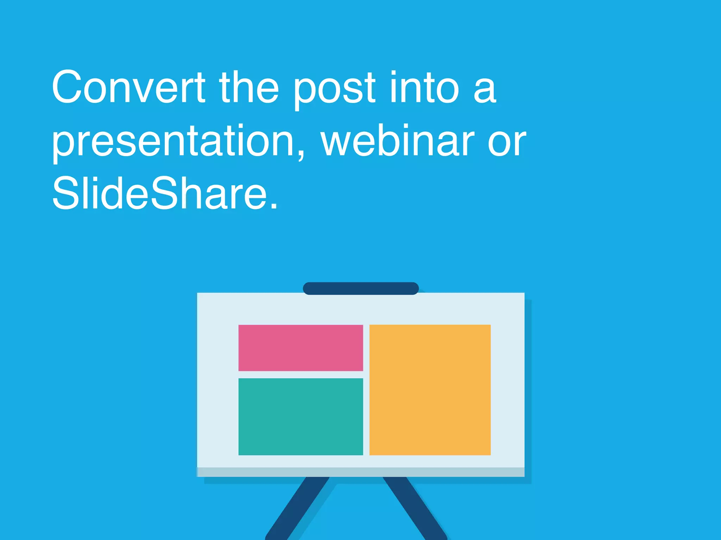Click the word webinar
[397, 141]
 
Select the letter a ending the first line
[485, 91]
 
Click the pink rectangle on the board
[301, 348]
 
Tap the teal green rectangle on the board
[301, 417]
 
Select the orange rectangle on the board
[430, 390]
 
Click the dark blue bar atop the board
[361, 288]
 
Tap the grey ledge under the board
[361, 472]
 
